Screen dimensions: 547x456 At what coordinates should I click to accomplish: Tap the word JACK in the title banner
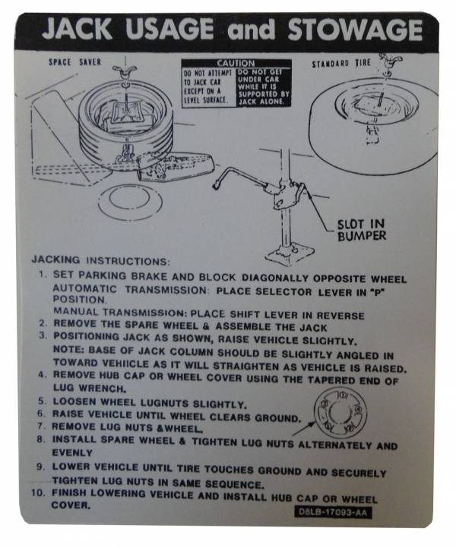79,30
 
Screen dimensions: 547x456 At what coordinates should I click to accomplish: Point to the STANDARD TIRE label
342,64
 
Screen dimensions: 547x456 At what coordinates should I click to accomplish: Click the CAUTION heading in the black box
236,64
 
